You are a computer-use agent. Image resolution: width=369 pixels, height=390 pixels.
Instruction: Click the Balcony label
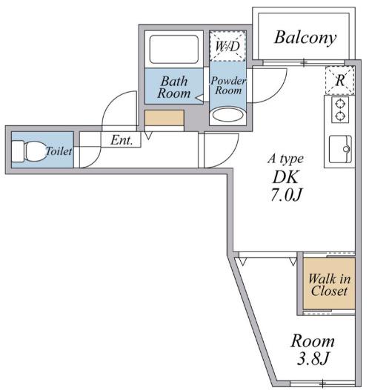[305, 38]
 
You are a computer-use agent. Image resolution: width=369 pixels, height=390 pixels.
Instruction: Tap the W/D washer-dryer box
[227, 46]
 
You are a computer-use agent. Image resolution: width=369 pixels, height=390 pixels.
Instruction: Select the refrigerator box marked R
[339, 80]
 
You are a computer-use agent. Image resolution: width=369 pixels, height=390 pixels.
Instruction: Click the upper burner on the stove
[340, 103]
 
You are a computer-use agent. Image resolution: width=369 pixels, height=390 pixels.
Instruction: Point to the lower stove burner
[340, 116]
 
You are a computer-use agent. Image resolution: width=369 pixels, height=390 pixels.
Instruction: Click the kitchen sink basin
[340, 149]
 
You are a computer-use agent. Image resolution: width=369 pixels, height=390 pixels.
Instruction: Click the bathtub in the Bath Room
[174, 49]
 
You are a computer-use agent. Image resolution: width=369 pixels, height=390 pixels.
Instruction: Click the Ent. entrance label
[122, 140]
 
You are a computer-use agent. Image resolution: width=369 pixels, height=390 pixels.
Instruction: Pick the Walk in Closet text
[329, 285]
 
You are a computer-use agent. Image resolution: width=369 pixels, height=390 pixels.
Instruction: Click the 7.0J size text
[286, 194]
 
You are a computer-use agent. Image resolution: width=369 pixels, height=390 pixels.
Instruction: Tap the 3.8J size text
[313, 358]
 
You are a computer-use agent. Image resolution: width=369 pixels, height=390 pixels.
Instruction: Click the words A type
[285, 159]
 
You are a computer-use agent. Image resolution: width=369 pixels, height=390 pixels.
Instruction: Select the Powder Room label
[228, 85]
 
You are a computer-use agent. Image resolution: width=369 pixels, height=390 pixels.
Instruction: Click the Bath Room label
[174, 87]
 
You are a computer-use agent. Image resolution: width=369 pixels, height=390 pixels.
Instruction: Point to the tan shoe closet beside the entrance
[164, 118]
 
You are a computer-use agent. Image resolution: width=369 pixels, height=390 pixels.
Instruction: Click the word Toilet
[59, 151]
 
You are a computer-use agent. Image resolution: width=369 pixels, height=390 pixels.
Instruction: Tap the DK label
[285, 177]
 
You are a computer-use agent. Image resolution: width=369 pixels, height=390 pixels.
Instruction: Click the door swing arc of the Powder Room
[278, 93]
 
